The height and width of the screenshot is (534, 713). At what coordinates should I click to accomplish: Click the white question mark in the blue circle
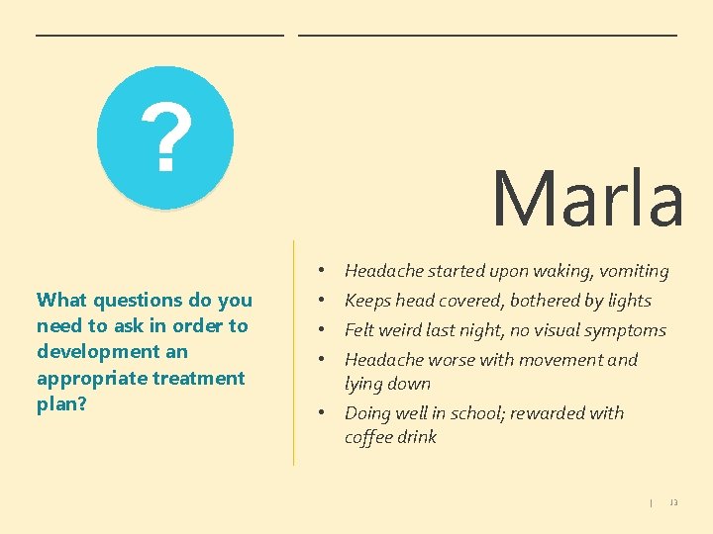[x=165, y=138]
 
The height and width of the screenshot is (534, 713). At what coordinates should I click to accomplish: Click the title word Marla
[x=587, y=198]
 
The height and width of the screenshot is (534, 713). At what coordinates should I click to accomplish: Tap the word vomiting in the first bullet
[x=632, y=271]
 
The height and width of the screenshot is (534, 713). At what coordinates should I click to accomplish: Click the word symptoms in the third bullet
[x=628, y=330]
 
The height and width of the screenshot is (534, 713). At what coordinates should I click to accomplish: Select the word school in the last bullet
[x=482, y=413]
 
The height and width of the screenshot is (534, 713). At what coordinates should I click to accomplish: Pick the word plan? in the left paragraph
[x=61, y=403]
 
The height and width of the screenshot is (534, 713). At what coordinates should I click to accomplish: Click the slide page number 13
[x=673, y=502]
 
